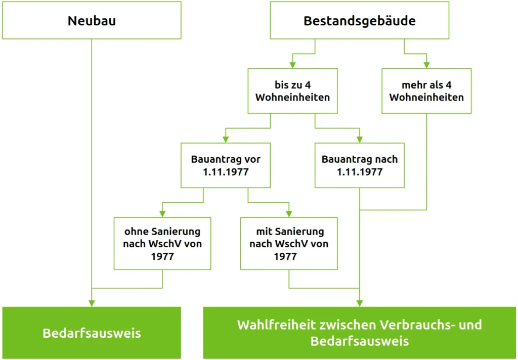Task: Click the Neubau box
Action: tap(92, 20)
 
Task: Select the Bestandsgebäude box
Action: tap(360, 20)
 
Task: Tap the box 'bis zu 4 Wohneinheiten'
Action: tap(293, 91)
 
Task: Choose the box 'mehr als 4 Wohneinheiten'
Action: tap(426, 91)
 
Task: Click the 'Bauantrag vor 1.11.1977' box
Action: tap(226, 165)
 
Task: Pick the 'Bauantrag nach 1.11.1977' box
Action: tap(360, 165)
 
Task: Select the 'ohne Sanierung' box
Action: tap(162, 243)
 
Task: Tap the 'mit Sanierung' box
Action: tap(289, 243)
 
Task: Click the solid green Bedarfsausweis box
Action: tap(92, 333)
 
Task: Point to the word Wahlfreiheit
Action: tap(277, 325)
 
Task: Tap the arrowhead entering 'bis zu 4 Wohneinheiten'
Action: tap(293, 65)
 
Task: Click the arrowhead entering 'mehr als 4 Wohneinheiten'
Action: tap(426, 65)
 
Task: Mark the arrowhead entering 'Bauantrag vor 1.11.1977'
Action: tap(226, 140)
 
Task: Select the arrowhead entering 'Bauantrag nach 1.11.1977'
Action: tap(360, 140)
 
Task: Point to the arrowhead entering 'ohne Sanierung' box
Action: tap(162, 214)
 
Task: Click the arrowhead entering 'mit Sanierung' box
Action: tap(289, 214)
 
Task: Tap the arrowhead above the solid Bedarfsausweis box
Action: tap(92, 303)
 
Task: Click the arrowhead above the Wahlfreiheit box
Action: tap(360, 303)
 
